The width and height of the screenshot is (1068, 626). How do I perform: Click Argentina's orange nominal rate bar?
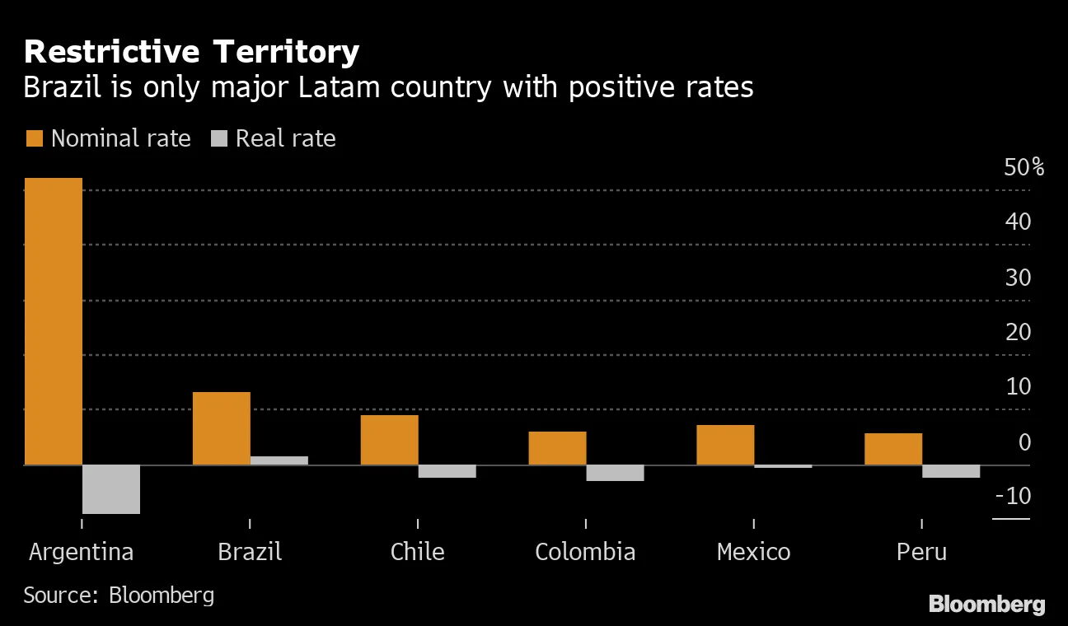pos(54,321)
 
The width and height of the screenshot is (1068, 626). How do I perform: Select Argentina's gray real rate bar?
pos(111,489)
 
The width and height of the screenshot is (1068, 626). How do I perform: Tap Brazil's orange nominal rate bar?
pos(221,428)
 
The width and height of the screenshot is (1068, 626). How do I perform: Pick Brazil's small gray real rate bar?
pos(279,460)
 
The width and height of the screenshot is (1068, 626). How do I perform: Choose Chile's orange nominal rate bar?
pos(389,440)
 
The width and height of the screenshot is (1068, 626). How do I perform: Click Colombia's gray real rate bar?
pos(615,473)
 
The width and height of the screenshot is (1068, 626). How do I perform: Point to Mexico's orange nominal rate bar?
pos(725,445)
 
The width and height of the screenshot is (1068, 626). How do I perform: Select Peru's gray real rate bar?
pos(951,471)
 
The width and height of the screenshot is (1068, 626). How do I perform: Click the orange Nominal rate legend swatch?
pos(34,138)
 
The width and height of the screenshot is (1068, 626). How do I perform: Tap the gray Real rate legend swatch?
pos(218,138)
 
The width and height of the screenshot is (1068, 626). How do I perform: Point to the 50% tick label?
pos(1023,168)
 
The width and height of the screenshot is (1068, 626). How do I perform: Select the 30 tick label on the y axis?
pos(1018,278)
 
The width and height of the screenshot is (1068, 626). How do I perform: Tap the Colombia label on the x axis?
pos(585,551)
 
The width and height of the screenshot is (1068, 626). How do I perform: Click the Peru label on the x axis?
pos(921,551)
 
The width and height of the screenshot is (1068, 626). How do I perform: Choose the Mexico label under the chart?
pos(753,551)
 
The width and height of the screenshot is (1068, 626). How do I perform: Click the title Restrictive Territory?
pos(191,52)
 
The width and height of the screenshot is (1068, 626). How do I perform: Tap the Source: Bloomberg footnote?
pos(119,595)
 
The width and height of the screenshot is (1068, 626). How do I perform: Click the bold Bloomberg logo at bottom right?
pos(986,604)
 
